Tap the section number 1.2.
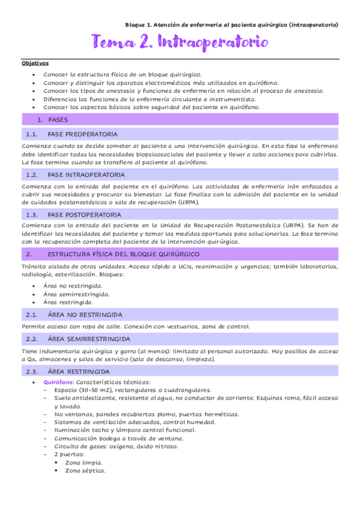pos(32,175)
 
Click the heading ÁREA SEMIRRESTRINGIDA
pos(87,339)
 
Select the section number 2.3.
pos(32,371)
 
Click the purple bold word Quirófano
pos(58,382)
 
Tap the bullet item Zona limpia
pos(84,462)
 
